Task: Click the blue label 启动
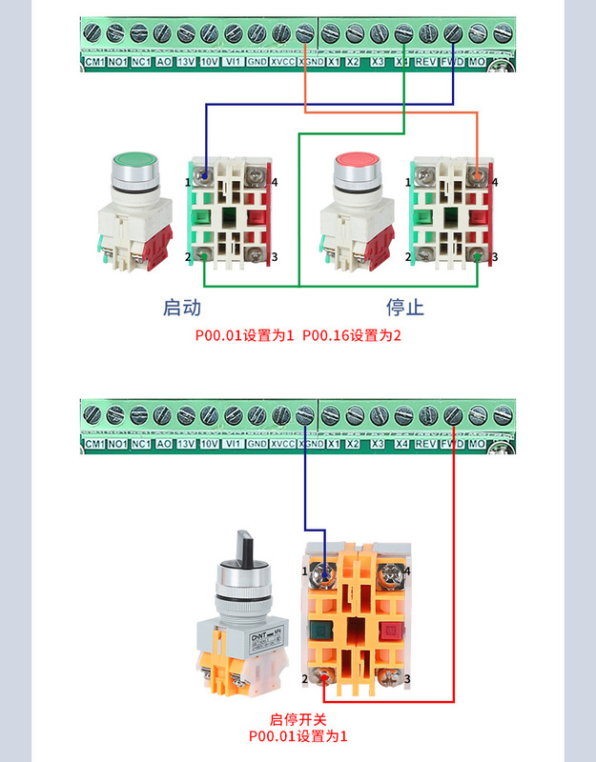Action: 182,308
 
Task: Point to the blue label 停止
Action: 404,308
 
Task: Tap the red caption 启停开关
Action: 298,720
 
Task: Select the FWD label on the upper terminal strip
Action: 452,62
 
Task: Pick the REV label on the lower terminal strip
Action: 426,445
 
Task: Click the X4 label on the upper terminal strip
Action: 402,62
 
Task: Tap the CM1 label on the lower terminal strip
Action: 93,445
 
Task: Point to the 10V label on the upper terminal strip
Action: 210,62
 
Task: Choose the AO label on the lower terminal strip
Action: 163,445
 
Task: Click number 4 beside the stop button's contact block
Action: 494,181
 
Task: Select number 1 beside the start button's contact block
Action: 188,181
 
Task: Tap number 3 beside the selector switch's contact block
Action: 407,678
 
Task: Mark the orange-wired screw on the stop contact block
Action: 475,175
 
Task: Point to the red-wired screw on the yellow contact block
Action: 326,678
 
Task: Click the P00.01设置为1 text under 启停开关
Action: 298,736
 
